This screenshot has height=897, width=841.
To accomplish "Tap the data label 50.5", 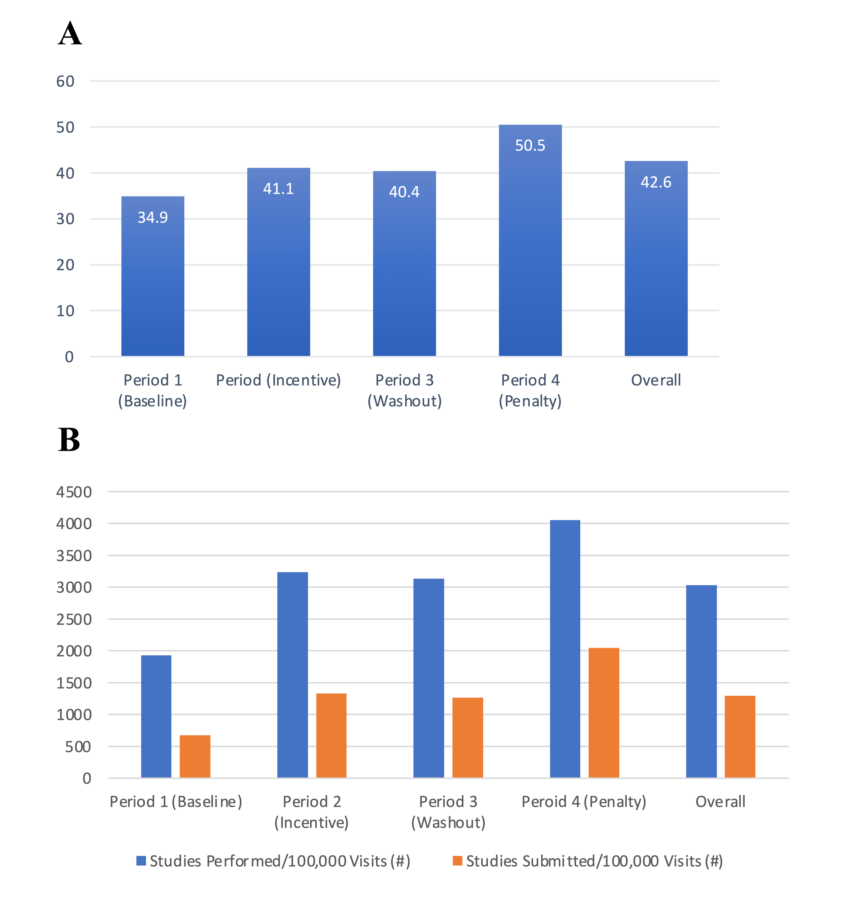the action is coord(530,145).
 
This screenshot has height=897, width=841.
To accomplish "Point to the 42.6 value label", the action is coord(656,182).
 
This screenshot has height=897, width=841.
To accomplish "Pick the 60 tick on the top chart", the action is coord(65,81).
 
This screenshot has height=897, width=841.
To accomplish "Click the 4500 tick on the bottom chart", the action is coord(74,492).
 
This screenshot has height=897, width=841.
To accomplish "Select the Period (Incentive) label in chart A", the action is coord(278,381).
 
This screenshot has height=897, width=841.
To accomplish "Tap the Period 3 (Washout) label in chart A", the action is coord(405,391).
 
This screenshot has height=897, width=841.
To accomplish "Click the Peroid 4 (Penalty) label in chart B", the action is coord(584,802).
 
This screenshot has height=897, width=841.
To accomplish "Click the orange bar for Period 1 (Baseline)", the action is coord(195,757).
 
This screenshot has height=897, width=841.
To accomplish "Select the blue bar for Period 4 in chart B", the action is coord(565,649).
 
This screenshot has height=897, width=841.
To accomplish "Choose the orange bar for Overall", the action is coord(740,737).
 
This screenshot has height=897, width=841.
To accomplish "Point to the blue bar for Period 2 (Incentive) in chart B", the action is coord(292,675).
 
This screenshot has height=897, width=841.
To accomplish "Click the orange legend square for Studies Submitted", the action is coord(458,861).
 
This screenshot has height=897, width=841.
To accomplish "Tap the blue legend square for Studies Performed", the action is coord(141,861).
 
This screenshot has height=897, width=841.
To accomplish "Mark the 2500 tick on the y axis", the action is coord(74,619).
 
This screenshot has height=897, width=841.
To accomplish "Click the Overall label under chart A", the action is coord(656,381).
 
